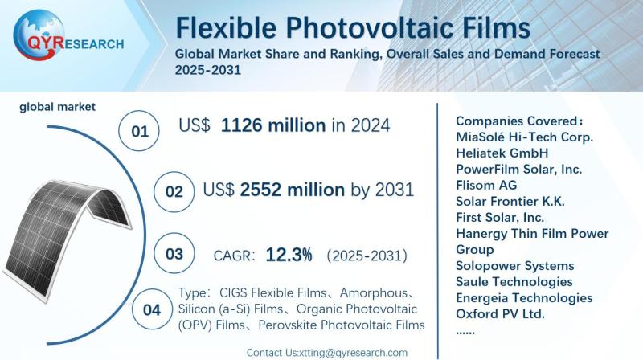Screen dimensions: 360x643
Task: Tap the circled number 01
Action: [140, 130]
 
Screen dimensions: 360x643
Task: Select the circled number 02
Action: [174, 192]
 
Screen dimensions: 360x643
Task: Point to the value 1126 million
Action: [273, 126]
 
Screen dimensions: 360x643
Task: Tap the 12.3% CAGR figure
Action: [289, 255]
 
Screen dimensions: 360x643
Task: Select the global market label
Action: [57, 106]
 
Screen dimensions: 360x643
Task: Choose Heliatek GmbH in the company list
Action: [502, 153]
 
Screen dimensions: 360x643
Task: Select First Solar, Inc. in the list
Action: [500, 217]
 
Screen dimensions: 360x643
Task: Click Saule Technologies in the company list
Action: [514, 281]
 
